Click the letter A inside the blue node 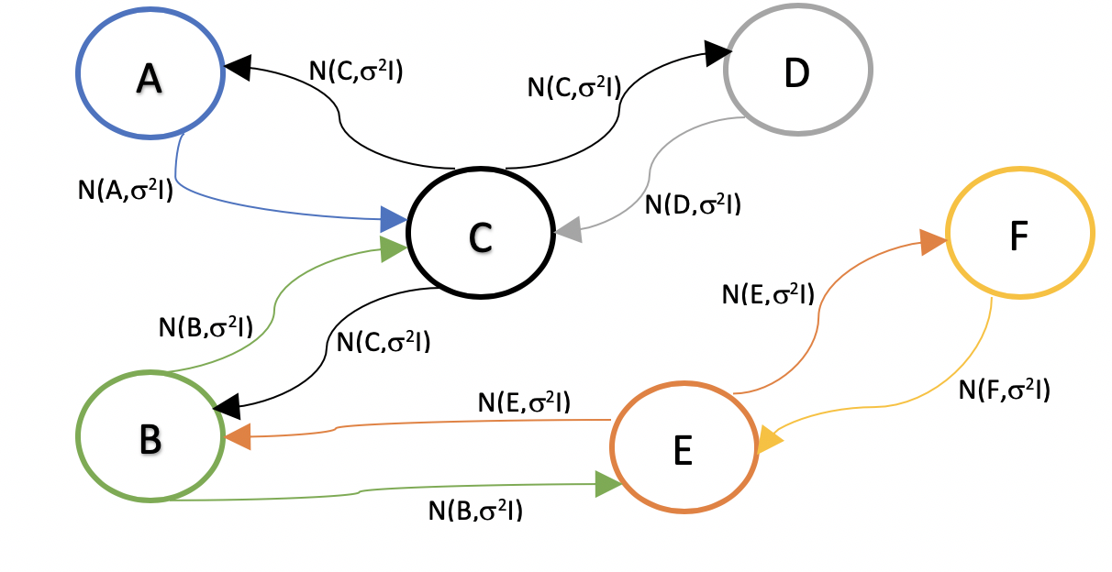click(x=149, y=79)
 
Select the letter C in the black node click(x=480, y=237)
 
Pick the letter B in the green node click(x=150, y=440)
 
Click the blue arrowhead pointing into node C click(x=394, y=219)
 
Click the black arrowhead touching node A click(x=238, y=66)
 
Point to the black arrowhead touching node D click(x=718, y=53)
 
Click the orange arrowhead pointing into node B click(x=238, y=437)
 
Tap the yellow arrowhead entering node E click(x=769, y=439)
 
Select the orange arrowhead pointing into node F click(x=932, y=242)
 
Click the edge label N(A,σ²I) click(x=126, y=192)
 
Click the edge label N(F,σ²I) click(x=1005, y=390)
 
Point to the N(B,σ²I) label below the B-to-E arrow click(x=475, y=510)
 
